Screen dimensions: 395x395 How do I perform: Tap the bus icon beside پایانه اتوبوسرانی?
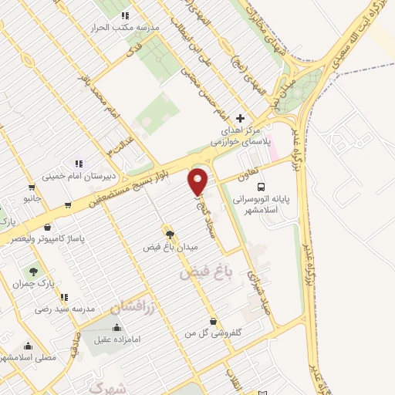pyautogui.click(x=262, y=186)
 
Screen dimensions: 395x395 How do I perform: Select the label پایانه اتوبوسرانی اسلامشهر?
pyautogui.click(x=262, y=204)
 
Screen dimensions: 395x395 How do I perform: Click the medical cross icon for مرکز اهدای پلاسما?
pyautogui.click(x=241, y=119)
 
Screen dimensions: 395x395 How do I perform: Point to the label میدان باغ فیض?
pyautogui.click(x=170, y=248)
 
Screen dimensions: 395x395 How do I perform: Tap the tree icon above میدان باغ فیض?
pyautogui.click(x=170, y=234)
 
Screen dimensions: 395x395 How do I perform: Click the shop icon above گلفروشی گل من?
pyautogui.click(x=214, y=320)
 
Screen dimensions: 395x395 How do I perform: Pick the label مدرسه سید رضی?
pyautogui.click(x=65, y=309)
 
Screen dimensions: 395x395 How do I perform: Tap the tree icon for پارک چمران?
pyautogui.click(x=34, y=271)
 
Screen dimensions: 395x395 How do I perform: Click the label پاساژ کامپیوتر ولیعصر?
pyautogui.click(x=49, y=241)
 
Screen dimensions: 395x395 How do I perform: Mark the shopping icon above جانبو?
pyautogui.click(x=31, y=186)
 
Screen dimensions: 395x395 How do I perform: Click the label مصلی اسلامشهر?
pyautogui.click(x=28, y=358)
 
